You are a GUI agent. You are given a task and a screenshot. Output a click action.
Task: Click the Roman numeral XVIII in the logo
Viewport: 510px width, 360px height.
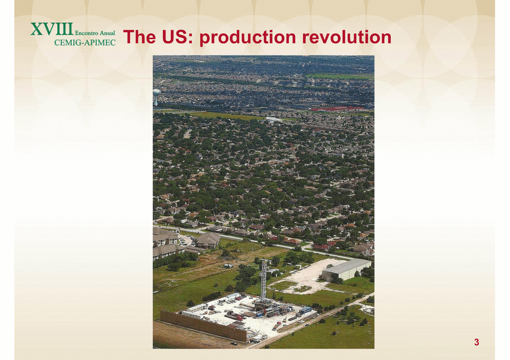tap(52, 29)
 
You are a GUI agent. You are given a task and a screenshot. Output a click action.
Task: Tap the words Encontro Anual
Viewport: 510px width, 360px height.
tap(95, 33)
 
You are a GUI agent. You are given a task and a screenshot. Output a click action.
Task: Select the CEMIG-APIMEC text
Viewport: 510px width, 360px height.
tap(85, 43)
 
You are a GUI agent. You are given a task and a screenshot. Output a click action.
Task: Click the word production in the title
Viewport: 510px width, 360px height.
tap(247, 37)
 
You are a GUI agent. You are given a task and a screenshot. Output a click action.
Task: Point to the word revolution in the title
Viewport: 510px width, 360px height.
tap(347, 37)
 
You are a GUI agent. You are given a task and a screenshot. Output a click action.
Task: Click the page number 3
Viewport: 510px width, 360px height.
tap(477, 342)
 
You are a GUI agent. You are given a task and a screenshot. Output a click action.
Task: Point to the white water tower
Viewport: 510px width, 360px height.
tap(157, 96)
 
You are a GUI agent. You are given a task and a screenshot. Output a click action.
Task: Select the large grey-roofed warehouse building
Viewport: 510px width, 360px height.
tap(345, 270)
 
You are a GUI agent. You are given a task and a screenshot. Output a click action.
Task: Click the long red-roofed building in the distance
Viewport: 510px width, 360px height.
tap(336, 108)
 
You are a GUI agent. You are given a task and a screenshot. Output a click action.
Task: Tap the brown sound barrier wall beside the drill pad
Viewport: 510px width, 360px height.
tap(203, 326)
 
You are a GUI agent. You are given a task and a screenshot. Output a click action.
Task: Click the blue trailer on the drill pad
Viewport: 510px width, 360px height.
tap(305, 310)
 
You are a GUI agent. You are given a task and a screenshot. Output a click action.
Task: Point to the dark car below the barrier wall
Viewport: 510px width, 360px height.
tap(234, 343)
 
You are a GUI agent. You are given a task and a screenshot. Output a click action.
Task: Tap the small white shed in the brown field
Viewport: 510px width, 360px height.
tap(228, 266)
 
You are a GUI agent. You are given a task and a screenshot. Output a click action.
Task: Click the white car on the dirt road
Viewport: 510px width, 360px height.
tap(306, 325)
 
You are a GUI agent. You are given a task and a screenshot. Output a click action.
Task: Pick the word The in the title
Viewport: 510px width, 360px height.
tap(140, 37)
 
